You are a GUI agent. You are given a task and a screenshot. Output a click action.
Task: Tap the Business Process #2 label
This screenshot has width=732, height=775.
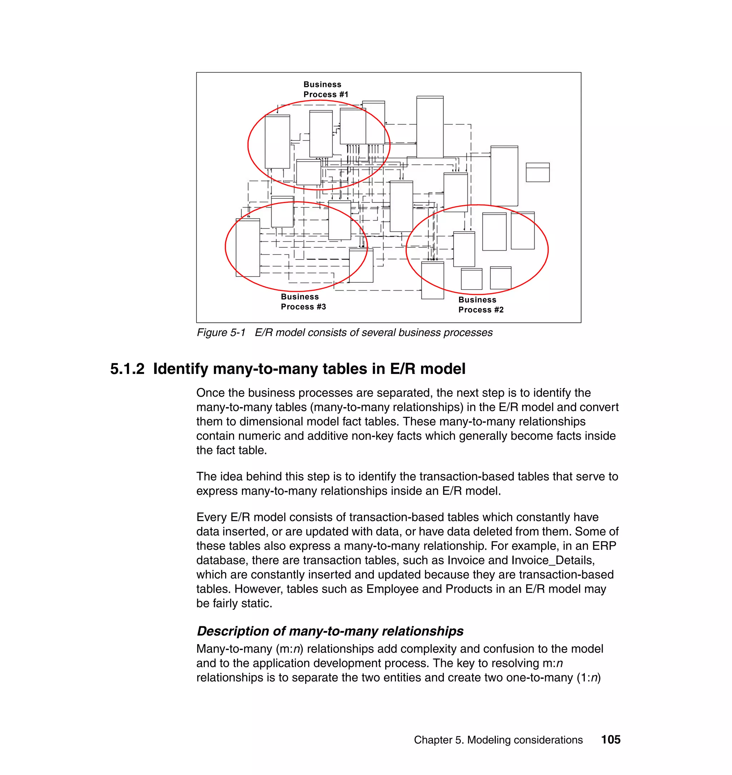click(x=481, y=305)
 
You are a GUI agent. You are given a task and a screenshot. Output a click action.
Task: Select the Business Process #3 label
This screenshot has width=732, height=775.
click(x=303, y=302)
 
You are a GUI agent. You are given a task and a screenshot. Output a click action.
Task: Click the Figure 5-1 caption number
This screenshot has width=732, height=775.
click(x=221, y=332)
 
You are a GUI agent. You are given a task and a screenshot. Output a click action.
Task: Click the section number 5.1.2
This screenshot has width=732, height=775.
click(x=127, y=369)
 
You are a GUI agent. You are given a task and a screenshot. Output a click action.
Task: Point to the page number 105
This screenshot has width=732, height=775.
click(x=610, y=740)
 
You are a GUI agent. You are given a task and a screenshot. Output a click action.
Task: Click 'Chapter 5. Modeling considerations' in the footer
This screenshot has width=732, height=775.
click(x=498, y=740)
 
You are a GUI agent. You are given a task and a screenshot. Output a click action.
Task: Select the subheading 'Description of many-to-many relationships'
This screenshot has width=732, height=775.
click(x=330, y=631)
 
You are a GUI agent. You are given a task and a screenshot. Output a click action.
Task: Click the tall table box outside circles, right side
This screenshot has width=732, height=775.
click(x=504, y=176)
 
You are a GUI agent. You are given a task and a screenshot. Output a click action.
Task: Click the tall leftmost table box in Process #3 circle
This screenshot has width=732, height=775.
click(x=248, y=248)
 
